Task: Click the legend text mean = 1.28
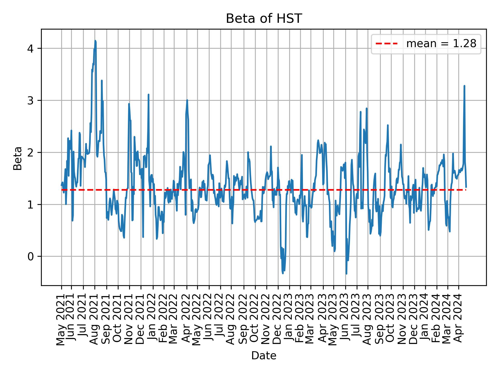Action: [441, 44]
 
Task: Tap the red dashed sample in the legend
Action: [386, 44]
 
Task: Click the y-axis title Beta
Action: [18, 158]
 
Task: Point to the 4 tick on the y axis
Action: [31, 49]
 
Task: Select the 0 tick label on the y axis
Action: [31, 256]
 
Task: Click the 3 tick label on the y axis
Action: [31, 101]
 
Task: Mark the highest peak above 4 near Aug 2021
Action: [95, 41]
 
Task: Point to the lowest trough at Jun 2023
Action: [346, 274]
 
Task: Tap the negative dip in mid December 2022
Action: [282, 273]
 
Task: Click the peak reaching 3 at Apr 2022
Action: [187, 100]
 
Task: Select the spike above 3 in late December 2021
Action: [148, 95]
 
